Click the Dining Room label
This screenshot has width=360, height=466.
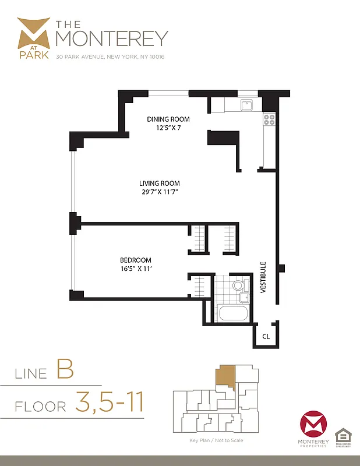point(168,119)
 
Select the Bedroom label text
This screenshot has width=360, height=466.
point(136,260)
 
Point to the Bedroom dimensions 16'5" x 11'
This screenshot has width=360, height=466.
point(136,269)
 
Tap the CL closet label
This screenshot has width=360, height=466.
point(266,336)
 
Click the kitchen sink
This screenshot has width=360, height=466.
point(246,105)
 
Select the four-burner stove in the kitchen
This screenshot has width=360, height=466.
point(269,119)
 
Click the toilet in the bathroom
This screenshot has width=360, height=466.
point(238,285)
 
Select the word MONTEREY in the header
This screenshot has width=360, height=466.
point(111,38)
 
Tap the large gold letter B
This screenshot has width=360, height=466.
point(64,370)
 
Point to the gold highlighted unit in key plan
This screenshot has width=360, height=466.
point(225,379)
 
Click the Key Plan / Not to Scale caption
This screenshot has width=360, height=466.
point(216,440)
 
